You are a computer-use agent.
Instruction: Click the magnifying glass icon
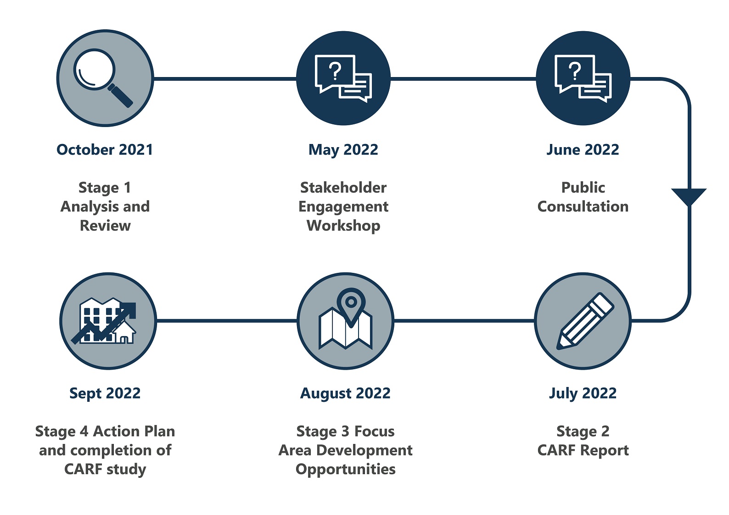103,78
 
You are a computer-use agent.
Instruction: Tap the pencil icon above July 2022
585,321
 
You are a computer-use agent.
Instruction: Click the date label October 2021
105,150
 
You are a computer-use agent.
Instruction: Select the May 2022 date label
343,150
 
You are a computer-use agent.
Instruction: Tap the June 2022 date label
583,150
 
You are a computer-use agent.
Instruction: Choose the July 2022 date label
583,394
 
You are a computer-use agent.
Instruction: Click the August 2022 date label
345,394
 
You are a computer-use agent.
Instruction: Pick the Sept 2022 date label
105,394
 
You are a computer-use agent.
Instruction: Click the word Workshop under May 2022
343,226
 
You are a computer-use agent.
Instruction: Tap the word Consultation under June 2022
583,206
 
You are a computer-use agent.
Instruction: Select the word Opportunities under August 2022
345,470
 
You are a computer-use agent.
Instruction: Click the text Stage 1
105,188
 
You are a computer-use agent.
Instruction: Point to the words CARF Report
583,450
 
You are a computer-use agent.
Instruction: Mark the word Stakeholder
343,188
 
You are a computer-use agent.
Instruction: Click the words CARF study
105,470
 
